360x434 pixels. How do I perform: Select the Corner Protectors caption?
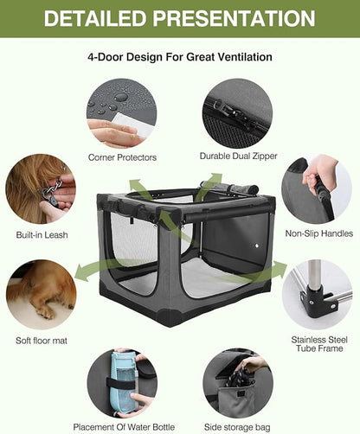tap(123, 157)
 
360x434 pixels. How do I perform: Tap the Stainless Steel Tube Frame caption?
tap(317, 346)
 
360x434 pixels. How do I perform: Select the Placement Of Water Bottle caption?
tap(123, 425)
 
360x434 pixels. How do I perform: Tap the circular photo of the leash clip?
tap(40, 190)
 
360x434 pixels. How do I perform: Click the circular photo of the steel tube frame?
tap(317, 295)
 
